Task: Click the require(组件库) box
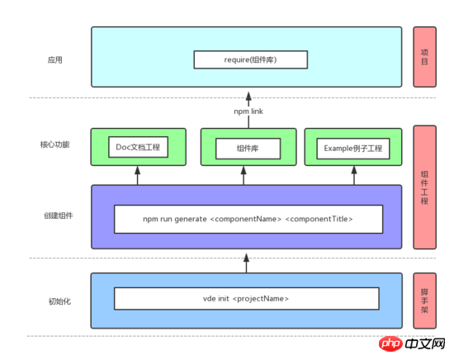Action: pos(251,59)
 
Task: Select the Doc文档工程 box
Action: pos(138,147)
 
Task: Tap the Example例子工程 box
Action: pos(353,149)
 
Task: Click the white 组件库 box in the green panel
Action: pos(248,149)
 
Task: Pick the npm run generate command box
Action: pos(248,220)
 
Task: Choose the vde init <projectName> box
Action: pos(247,299)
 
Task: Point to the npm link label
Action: pos(248,111)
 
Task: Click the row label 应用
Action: pos(54,60)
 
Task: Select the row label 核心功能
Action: pos(54,144)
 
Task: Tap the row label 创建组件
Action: pos(59,216)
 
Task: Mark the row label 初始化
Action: pos(59,301)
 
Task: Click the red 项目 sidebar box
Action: pos(424,57)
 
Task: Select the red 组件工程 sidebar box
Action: pos(424,187)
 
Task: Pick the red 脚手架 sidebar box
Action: pos(424,301)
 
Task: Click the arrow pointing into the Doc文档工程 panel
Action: pos(138,176)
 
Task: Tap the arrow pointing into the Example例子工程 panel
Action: pos(354,176)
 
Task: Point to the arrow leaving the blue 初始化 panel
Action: pos(247,263)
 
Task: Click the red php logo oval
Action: pos(390,343)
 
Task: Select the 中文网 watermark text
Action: pos(425,344)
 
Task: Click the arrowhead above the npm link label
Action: pos(248,96)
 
